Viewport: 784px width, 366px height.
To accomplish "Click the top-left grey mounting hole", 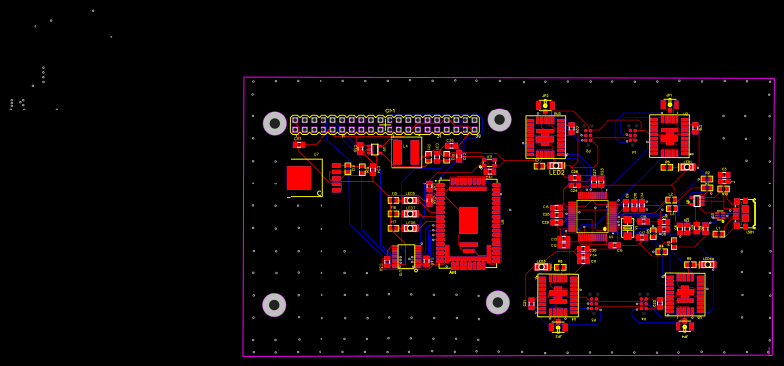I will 275,123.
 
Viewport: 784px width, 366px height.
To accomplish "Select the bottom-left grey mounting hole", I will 274,305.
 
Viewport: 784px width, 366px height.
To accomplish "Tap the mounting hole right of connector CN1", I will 500,119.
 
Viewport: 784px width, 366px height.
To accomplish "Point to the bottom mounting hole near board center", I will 498,302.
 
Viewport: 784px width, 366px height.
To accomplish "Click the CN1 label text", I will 390,111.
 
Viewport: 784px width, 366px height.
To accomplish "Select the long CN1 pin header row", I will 385,124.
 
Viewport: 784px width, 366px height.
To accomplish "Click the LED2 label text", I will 557,173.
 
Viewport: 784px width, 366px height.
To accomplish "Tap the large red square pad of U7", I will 299,178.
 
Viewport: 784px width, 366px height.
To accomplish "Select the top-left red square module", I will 545,136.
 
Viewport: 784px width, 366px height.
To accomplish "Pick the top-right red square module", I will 670,135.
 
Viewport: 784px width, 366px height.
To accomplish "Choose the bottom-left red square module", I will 558,295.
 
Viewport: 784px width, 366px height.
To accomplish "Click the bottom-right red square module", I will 684,294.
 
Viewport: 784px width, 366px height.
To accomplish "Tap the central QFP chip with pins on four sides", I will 593,216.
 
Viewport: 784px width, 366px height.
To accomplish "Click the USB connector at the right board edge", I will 747,213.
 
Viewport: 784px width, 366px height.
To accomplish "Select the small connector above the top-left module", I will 545,104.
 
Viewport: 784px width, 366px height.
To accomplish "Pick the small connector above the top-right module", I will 670,103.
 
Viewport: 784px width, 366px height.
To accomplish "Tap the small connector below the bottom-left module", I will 558,327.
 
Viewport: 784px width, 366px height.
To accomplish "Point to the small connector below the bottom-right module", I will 684,326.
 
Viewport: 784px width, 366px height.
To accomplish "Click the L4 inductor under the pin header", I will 405,152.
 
